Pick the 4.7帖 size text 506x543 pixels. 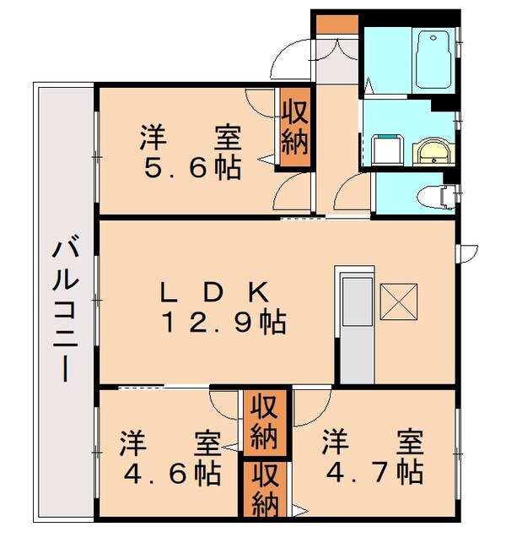tap(372, 470)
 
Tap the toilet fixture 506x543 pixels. tap(435, 195)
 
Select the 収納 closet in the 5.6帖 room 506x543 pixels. tap(295, 128)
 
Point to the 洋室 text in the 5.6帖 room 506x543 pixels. tap(191, 135)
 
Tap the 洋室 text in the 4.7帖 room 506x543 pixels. tap(372, 441)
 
